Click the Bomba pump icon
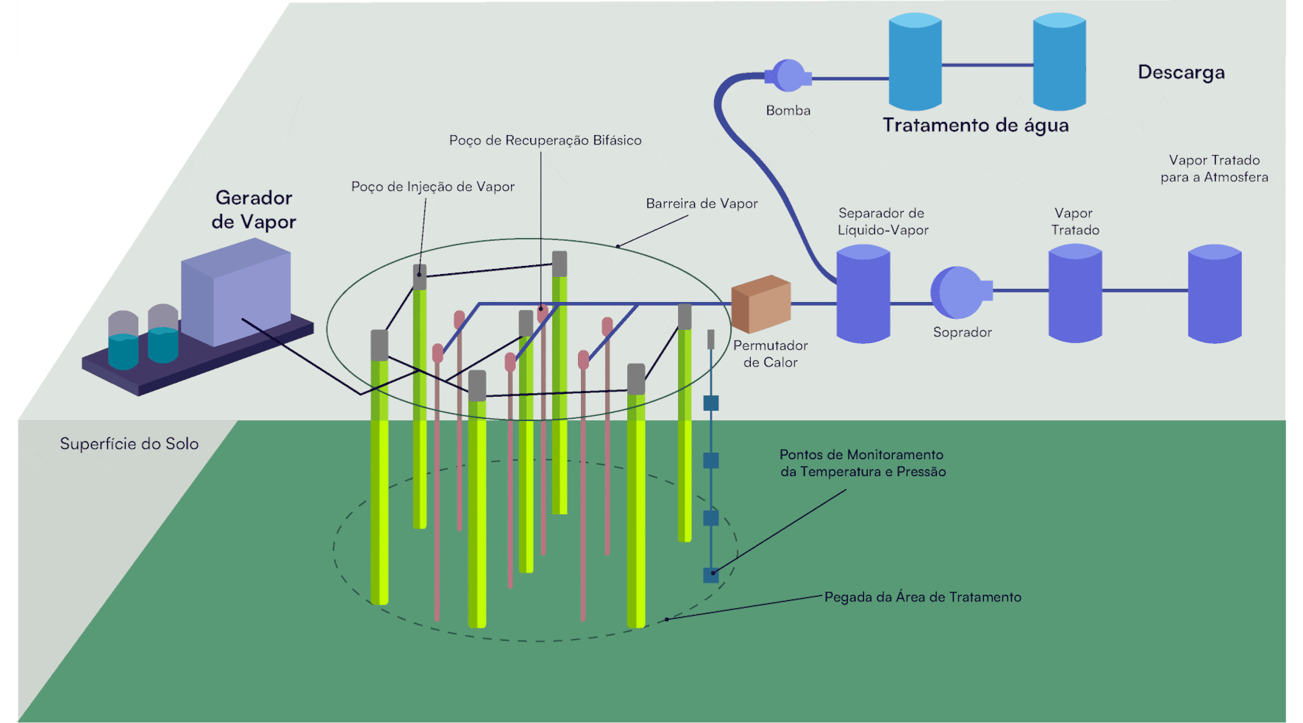789,76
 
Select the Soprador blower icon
958,292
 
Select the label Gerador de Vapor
254,209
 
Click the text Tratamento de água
975,126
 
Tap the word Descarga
1181,72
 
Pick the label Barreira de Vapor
702,204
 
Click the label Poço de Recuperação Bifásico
545,140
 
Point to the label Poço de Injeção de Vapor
432,187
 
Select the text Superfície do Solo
129,444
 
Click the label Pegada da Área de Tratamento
922,597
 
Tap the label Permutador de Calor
770,353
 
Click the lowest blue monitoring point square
711,575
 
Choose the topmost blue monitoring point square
711,403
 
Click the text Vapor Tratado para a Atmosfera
1214,168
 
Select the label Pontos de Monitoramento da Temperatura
863,463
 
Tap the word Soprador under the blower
962,332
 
